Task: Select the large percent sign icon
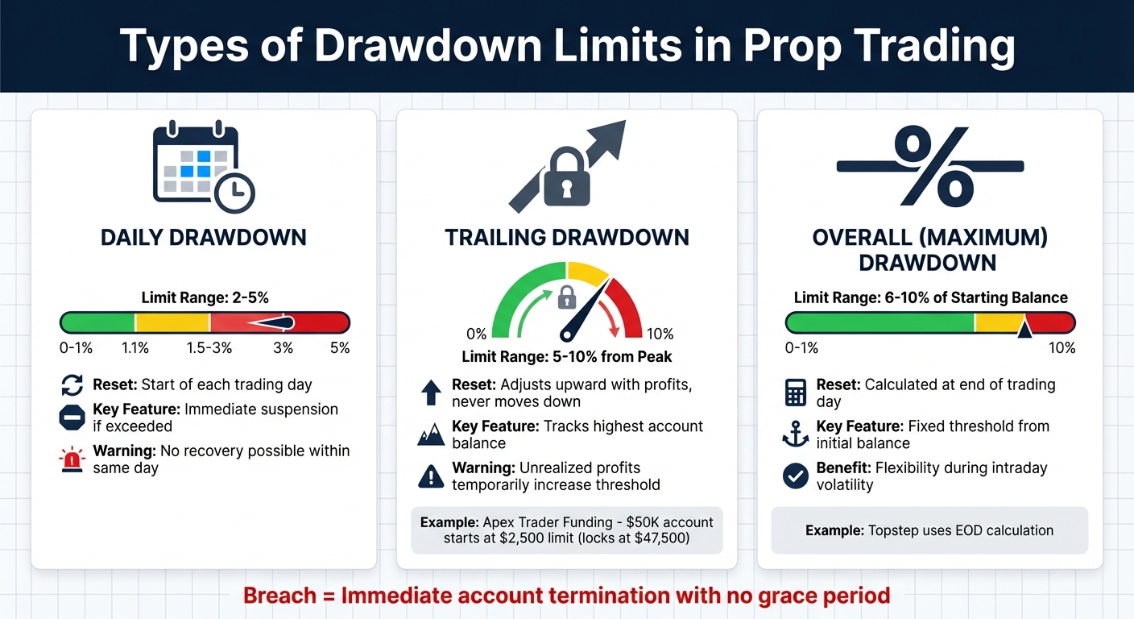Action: pyautogui.click(x=929, y=166)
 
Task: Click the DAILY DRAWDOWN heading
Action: pyautogui.click(x=203, y=238)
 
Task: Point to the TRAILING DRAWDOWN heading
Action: pyautogui.click(x=567, y=238)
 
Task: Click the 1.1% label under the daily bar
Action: pyautogui.click(x=135, y=348)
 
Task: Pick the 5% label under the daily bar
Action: pyautogui.click(x=339, y=348)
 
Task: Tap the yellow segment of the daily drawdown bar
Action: pyautogui.click(x=172, y=323)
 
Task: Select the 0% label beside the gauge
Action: pyautogui.click(x=476, y=334)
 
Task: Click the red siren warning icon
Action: pyautogui.click(x=72, y=459)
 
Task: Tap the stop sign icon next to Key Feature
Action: pyautogui.click(x=72, y=418)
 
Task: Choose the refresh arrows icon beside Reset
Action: pyautogui.click(x=72, y=385)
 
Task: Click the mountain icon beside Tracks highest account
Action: pyautogui.click(x=431, y=435)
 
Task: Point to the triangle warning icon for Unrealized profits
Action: pyautogui.click(x=431, y=476)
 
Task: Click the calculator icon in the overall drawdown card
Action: pyautogui.click(x=795, y=393)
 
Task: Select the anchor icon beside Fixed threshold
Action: pyautogui.click(x=795, y=435)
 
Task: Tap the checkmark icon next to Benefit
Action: pyautogui.click(x=795, y=476)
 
